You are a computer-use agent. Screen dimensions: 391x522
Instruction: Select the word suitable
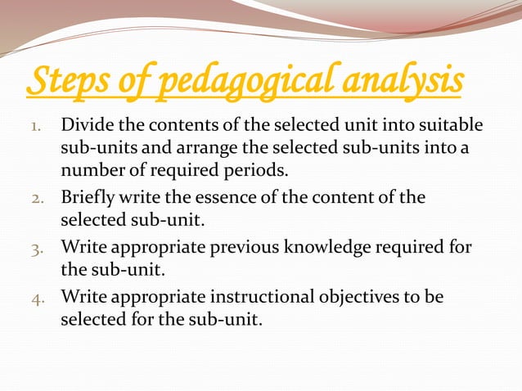[x=450, y=128]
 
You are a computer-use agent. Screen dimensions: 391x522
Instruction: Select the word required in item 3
[x=409, y=247]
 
